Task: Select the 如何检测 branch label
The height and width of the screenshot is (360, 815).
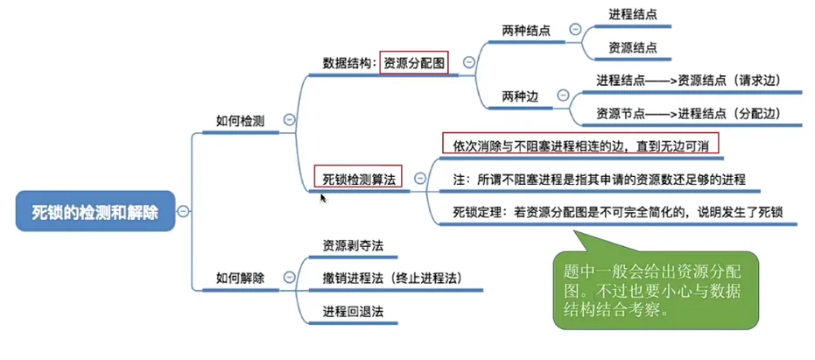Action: (x=240, y=120)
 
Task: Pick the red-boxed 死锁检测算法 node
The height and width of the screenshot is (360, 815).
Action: (x=359, y=178)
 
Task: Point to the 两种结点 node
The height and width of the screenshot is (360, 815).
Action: (x=526, y=31)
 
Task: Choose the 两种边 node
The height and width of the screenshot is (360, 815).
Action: (x=520, y=96)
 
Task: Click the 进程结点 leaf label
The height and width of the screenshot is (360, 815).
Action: (x=633, y=14)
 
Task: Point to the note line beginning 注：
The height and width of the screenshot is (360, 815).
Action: (x=599, y=179)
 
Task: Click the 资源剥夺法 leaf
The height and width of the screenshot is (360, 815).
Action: (x=353, y=245)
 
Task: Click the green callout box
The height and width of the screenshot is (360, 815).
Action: (x=657, y=288)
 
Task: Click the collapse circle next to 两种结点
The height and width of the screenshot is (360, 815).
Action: (x=575, y=30)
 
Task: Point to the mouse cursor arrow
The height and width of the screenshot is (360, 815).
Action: (x=323, y=198)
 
